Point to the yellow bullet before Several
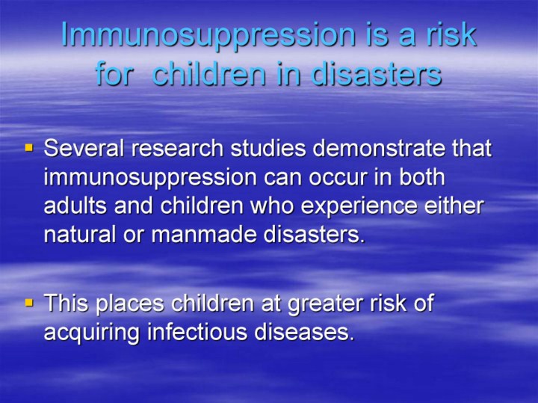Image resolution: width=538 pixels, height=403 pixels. click(29, 148)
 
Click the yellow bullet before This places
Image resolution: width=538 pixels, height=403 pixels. click(29, 303)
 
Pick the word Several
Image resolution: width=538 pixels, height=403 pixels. click(84, 148)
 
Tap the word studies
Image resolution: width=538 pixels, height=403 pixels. click(268, 148)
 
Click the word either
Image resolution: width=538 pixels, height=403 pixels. click(454, 206)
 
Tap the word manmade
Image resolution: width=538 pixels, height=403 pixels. click(204, 235)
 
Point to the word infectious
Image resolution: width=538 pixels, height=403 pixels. click(197, 332)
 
